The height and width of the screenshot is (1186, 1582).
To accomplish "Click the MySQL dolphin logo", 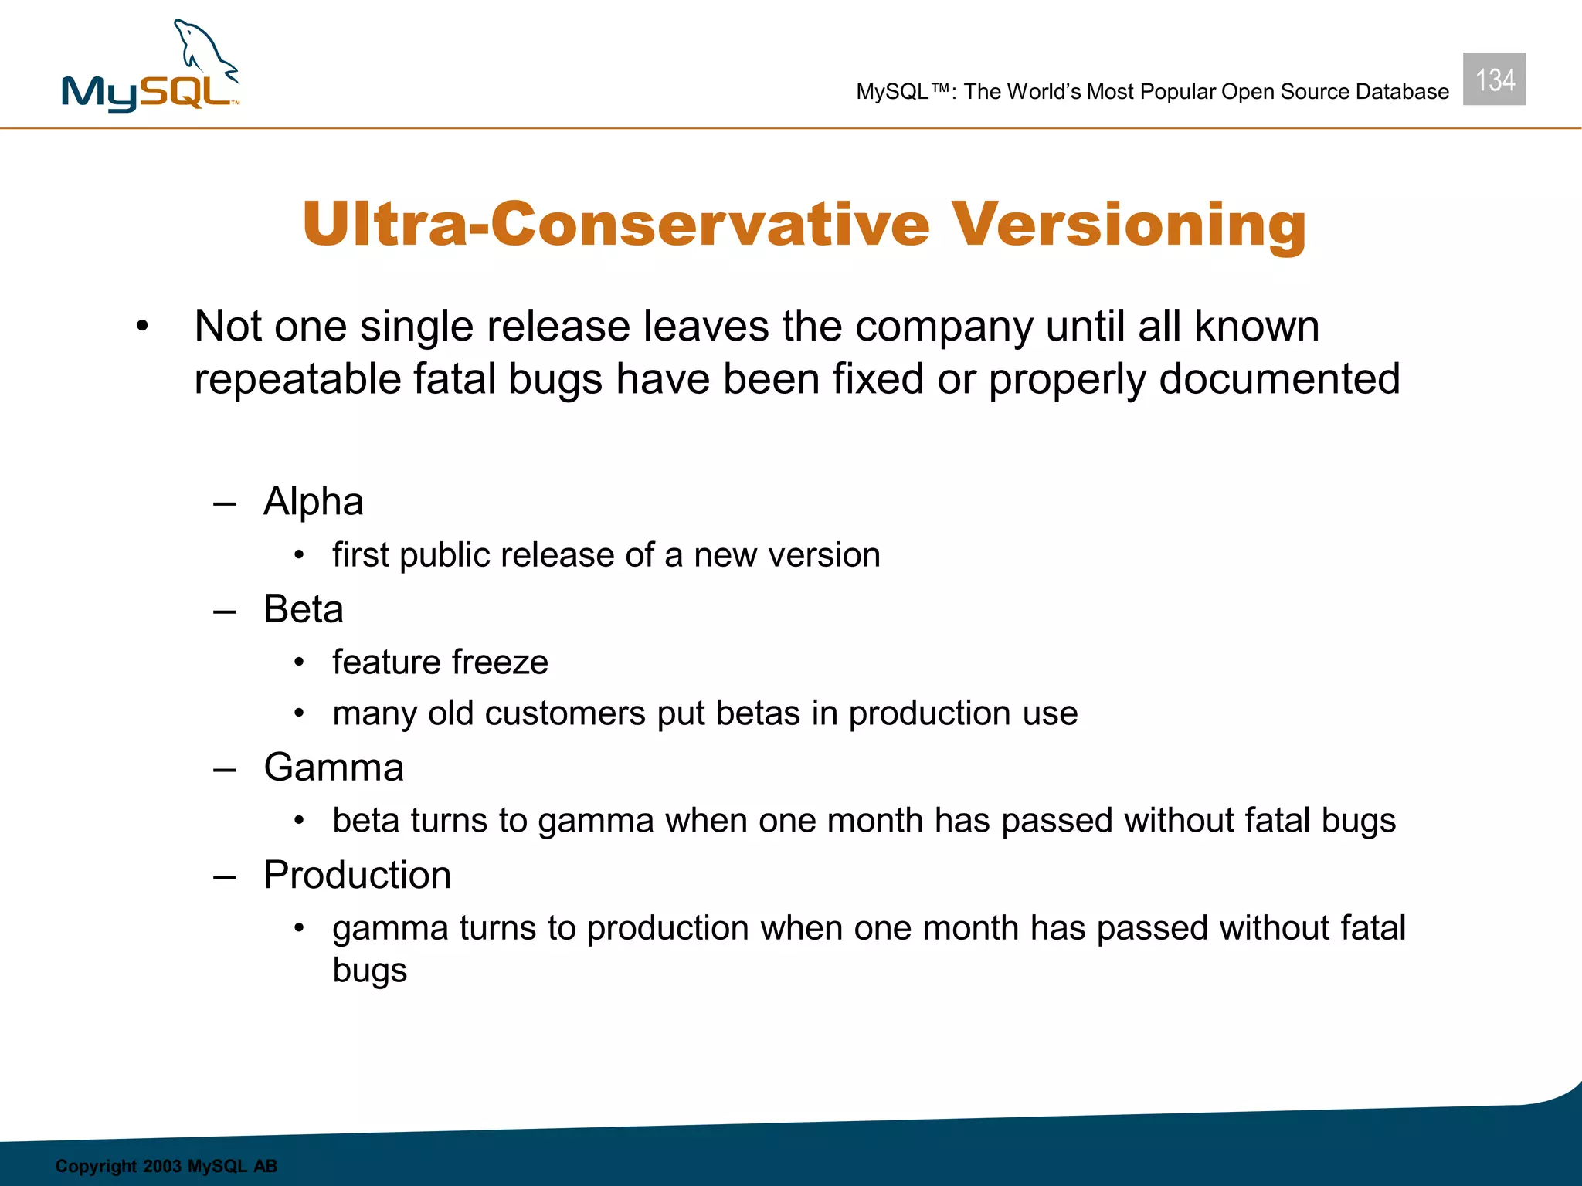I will [151, 68].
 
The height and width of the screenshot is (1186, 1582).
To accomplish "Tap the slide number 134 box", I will [1494, 80].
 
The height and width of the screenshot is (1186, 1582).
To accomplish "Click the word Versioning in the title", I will [1128, 225].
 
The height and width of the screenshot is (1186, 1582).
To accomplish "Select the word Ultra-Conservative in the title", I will [616, 225].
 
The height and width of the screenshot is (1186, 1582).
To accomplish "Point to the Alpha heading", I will [313, 502].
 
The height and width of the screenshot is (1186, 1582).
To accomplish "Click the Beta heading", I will [303, 609].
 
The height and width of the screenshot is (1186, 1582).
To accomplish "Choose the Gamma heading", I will [334, 768].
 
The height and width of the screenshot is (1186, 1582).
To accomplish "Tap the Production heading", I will [357, 875].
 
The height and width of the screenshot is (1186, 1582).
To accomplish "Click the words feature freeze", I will [440, 662].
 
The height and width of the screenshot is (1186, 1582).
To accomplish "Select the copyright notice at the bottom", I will [166, 1166].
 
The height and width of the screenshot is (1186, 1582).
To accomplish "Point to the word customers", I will [565, 713].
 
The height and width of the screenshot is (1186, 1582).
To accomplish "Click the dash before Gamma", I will [224, 770].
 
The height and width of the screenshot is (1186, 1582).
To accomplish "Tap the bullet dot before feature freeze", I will [300, 662].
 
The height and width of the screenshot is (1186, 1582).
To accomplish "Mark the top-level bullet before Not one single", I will [141, 327].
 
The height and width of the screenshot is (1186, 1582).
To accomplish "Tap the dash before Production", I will [224, 877].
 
